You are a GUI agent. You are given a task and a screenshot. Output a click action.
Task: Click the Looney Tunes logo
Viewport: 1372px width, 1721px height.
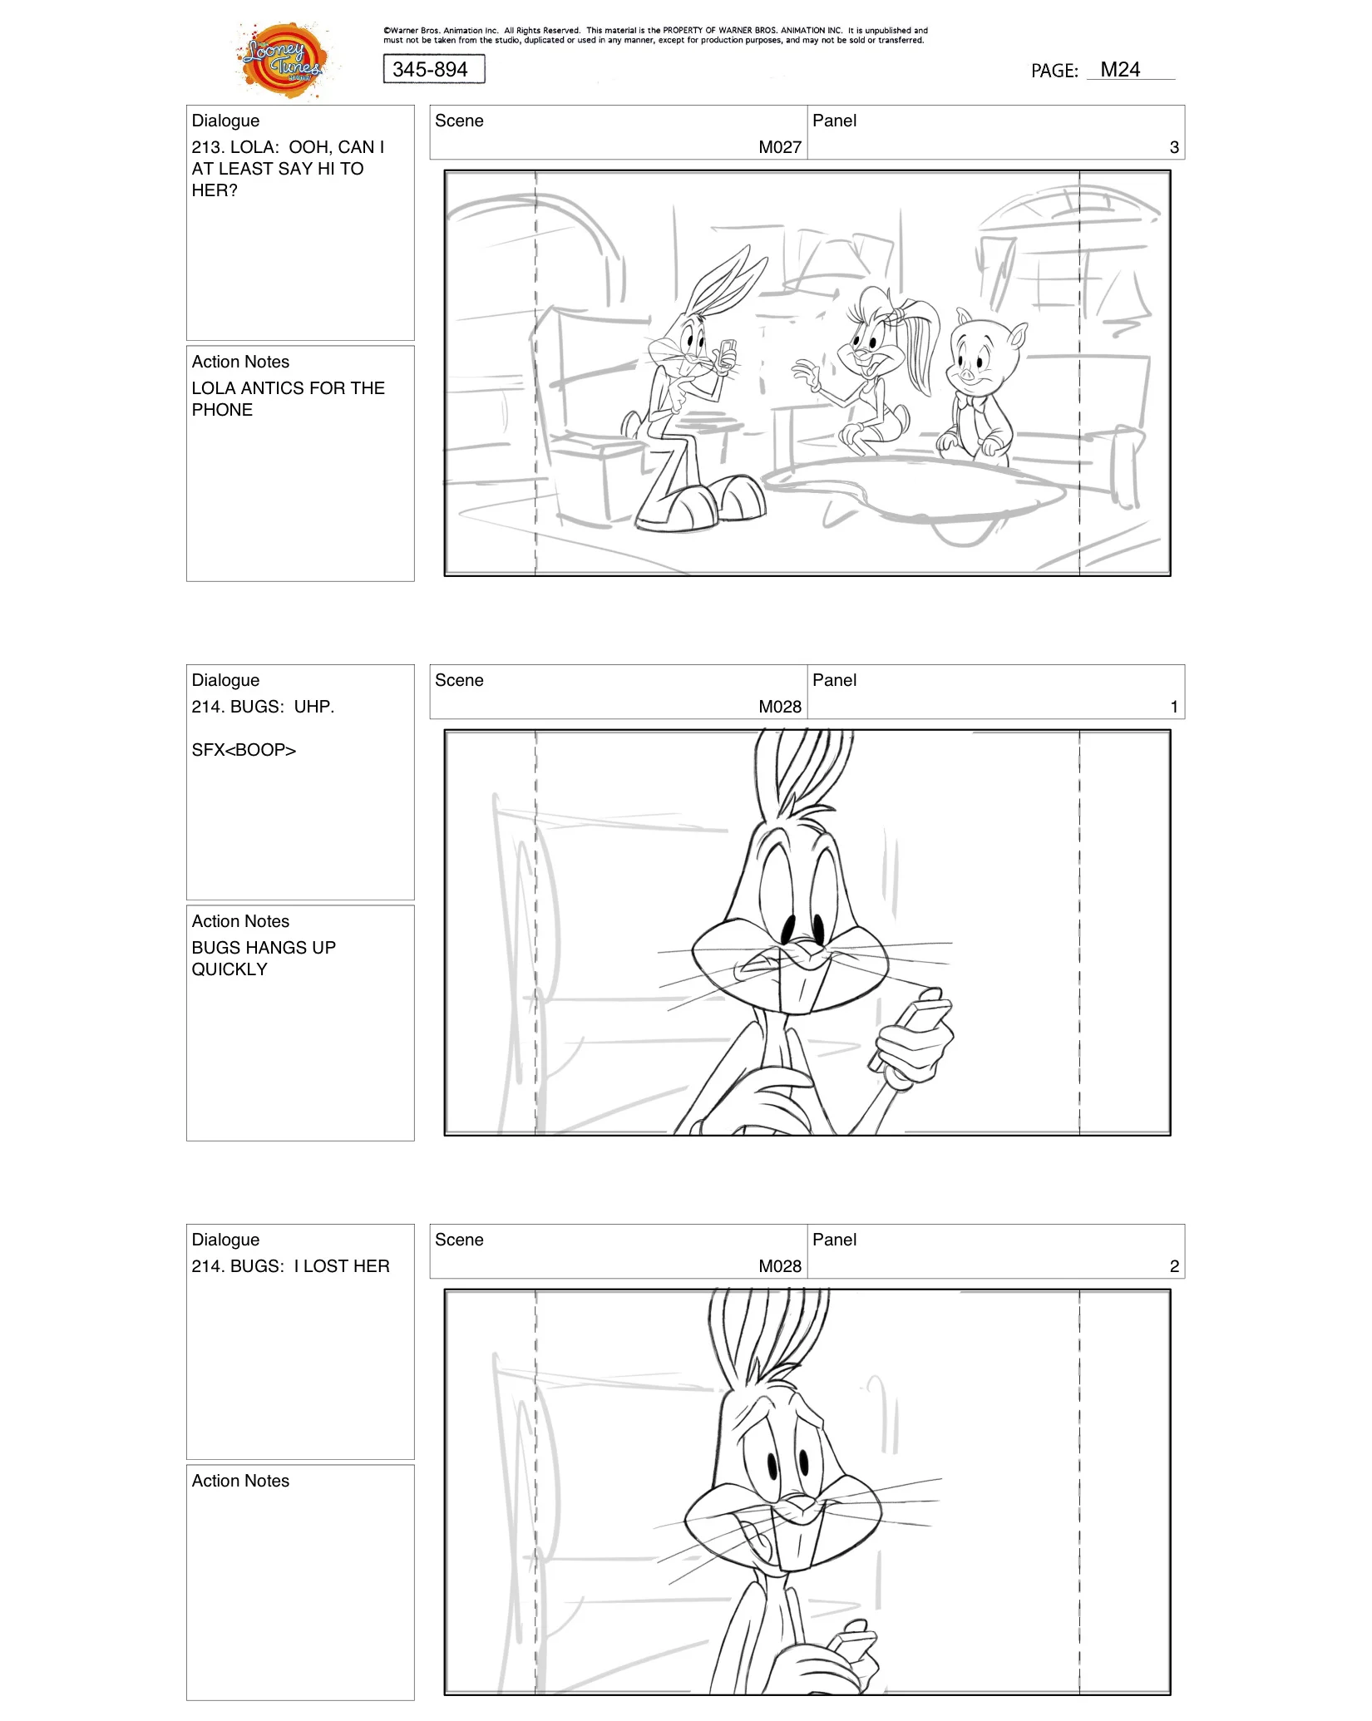click(x=283, y=60)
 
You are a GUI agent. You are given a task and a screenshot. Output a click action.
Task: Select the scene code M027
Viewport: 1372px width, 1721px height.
click(x=779, y=147)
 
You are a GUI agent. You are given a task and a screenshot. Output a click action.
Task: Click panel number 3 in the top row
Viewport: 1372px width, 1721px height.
click(x=1173, y=147)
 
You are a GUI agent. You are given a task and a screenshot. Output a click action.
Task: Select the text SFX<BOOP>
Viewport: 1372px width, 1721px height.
click(x=244, y=750)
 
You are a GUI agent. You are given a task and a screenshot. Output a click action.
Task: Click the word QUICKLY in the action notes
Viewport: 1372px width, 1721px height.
click(x=229, y=969)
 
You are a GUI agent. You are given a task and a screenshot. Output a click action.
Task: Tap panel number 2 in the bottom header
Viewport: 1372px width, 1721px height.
click(x=1173, y=1266)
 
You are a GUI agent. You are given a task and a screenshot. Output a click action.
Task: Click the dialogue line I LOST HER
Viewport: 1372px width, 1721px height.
click(x=341, y=1266)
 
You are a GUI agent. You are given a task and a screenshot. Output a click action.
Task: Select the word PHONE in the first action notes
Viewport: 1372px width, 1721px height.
click(x=222, y=410)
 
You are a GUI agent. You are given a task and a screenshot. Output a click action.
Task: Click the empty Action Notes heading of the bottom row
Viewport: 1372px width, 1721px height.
click(x=240, y=1481)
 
